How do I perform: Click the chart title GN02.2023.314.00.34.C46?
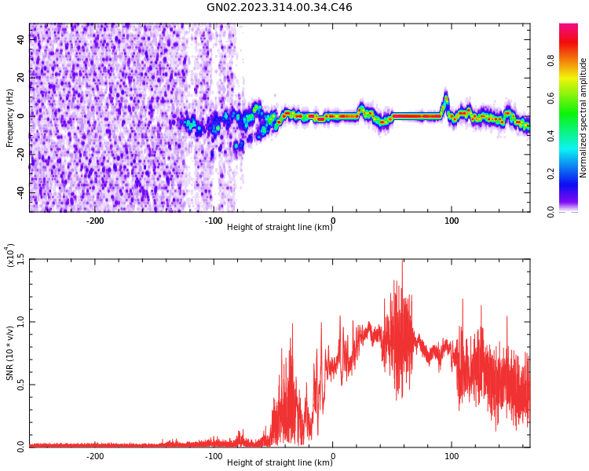[x=279, y=8]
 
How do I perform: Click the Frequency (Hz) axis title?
[x=10, y=118]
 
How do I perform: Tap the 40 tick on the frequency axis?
[x=20, y=39]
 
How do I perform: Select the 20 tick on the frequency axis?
[x=20, y=78]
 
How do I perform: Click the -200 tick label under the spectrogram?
[x=94, y=221]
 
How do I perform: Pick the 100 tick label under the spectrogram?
[x=452, y=221]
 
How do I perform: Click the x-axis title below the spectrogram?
[x=279, y=228]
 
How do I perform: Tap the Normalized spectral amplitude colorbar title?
[x=584, y=118]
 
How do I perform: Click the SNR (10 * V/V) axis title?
[x=10, y=353]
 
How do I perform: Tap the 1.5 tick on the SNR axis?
[x=20, y=260]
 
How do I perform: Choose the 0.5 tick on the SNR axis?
[x=20, y=384]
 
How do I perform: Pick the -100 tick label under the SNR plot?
[x=213, y=456]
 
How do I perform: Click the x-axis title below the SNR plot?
[x=279, y=463]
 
